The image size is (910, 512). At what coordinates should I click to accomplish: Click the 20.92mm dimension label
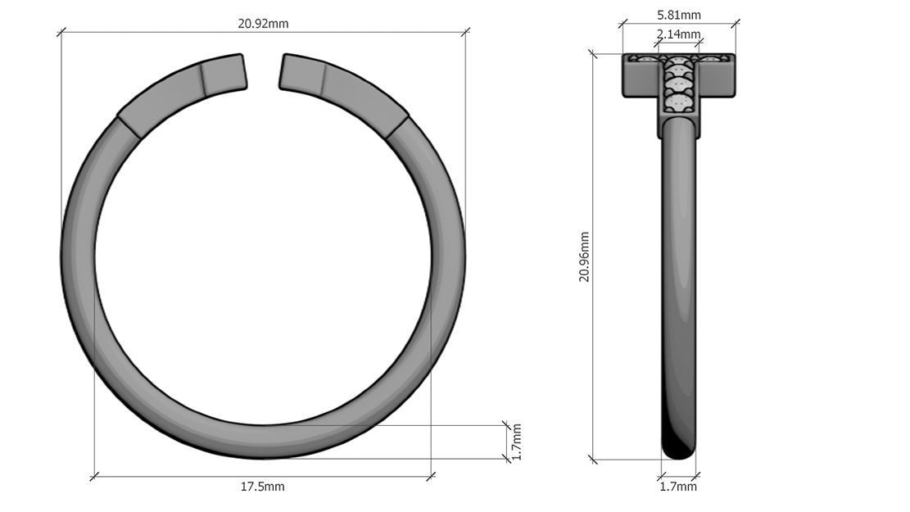263,23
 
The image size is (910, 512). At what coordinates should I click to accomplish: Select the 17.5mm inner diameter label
262,487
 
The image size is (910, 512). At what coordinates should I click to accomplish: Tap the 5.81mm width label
679,15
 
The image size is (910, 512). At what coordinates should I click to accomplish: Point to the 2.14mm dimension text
679,34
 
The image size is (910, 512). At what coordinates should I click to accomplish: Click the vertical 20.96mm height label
584,257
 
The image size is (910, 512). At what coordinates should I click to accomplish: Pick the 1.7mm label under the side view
678,487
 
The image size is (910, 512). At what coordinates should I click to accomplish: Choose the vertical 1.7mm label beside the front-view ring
517,442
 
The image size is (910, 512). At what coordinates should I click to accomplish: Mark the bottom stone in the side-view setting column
678,104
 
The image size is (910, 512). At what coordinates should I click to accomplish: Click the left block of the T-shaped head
641,78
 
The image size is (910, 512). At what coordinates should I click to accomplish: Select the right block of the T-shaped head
716,78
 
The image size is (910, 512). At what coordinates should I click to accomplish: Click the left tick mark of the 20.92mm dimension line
61,33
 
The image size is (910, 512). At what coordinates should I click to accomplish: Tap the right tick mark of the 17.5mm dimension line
431,475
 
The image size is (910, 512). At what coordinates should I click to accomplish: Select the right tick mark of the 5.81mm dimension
735,24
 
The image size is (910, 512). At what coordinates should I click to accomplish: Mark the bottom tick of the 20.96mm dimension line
593,460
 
